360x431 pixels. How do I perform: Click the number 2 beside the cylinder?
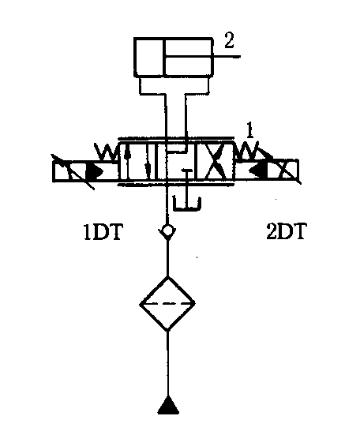coord(229,41)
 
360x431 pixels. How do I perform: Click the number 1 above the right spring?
coord(249,130)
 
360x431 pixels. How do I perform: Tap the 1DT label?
coord(103,233)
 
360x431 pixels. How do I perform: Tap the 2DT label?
coord(286,231)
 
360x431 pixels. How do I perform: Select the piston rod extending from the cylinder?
coord(202,57)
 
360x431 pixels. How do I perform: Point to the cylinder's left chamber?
coord(149,57)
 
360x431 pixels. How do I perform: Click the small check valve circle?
coord(167,230)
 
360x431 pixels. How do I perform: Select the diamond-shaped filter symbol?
coord(167,303)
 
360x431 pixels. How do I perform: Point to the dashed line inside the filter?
coord(167,304)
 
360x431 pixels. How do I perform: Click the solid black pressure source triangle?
coord(168,406)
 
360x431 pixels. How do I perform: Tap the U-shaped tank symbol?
coord(187,204)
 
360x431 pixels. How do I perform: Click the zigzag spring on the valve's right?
coord(247,152)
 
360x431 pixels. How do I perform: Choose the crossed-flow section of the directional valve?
coord(215,162)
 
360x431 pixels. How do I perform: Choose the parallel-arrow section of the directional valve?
coord(137,162)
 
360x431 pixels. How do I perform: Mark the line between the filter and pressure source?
coord(167,363)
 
